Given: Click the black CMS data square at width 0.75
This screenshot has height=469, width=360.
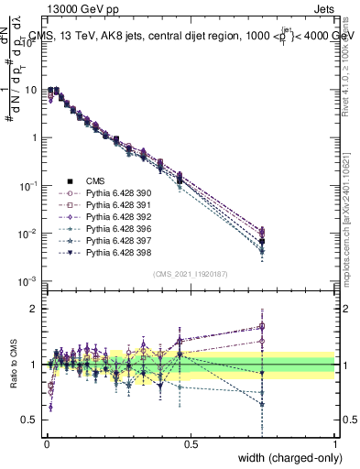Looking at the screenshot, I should (x=262, y=242).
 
